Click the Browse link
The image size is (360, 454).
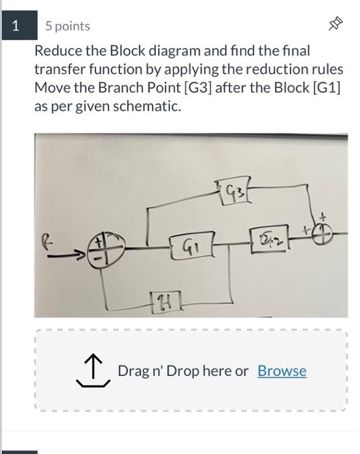point(282,371)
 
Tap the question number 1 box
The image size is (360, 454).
point(16,26)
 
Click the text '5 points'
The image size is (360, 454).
point(67,26)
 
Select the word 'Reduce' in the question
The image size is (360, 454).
point(56,51)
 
